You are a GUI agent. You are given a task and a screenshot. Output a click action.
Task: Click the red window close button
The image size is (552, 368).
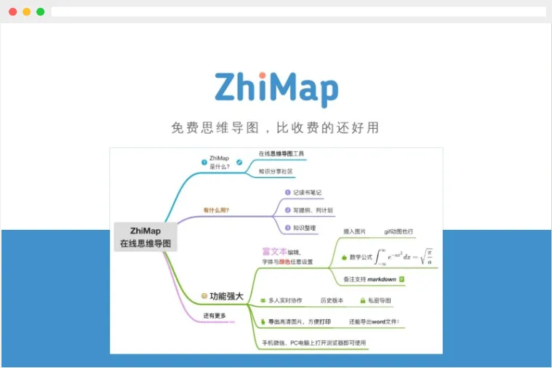tap(12, 12)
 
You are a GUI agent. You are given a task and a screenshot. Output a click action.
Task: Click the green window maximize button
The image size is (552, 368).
tap(40, 12)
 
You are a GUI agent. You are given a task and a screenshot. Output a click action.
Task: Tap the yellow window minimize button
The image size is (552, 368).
tap(26, 12)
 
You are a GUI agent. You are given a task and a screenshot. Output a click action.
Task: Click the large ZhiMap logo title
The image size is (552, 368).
tap(276, 89)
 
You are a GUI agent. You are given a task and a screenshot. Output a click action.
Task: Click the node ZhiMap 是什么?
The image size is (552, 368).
tap(219, 162)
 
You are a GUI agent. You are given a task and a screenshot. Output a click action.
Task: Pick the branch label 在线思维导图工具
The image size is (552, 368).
tap(281, 154)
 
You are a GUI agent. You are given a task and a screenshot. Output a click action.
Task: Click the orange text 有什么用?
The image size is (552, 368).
tap(216, 210)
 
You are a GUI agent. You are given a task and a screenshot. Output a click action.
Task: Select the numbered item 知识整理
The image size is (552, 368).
tap(303, 228)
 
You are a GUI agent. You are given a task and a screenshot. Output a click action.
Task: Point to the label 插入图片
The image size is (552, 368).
tap(355, 231)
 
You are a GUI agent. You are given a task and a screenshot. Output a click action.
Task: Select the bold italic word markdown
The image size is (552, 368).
tap(380, 279)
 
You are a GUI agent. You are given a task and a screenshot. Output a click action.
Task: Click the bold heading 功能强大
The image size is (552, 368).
tap(226, 296)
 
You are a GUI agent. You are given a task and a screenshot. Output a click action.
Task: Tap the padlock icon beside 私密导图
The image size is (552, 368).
tap(362, 300)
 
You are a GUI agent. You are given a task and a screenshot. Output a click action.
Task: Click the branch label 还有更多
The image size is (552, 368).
tap(215, 316)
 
